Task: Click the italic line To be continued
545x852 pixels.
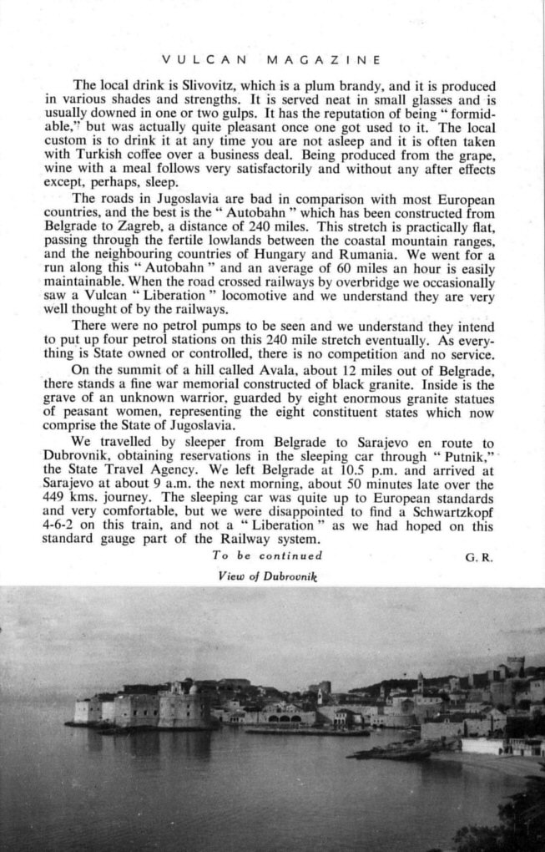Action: coord(267,555)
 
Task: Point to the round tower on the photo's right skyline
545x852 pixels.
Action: coord(516,667)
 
